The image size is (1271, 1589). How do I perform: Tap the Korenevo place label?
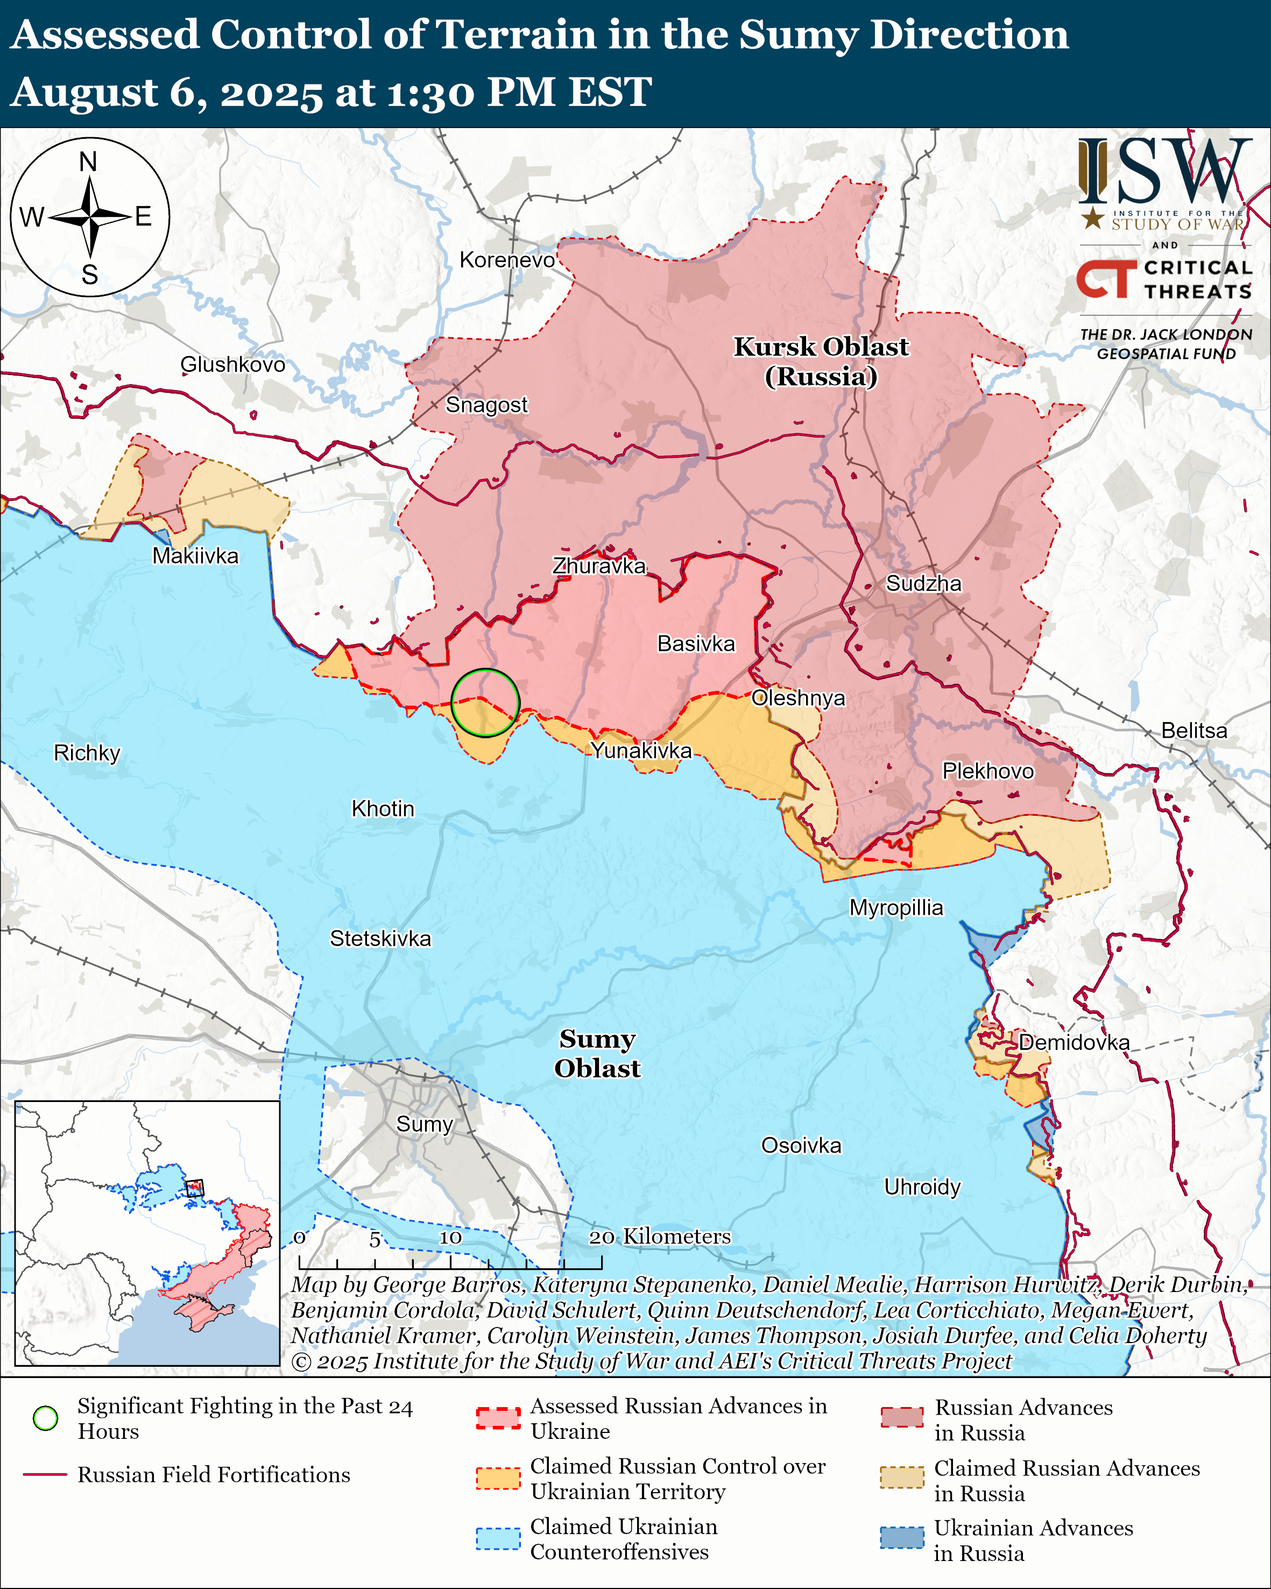pos(507,260)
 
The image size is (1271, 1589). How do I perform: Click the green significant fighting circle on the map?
pos(485,702)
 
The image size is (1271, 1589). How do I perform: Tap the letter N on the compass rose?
pos(88,161)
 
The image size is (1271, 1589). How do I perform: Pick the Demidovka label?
pos(1074,1042)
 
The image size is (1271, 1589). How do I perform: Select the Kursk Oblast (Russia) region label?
pos(821,361)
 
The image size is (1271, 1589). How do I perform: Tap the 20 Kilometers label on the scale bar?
pos(660,1236)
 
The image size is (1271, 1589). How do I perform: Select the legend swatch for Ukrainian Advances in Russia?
pos(901,1538)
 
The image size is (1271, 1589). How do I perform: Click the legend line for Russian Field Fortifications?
pos(45,1474)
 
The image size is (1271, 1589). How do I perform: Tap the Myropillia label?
pos(896,907)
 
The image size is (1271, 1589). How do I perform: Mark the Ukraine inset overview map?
pos(147,1232)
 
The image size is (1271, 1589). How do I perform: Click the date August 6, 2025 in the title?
pos(166,94)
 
